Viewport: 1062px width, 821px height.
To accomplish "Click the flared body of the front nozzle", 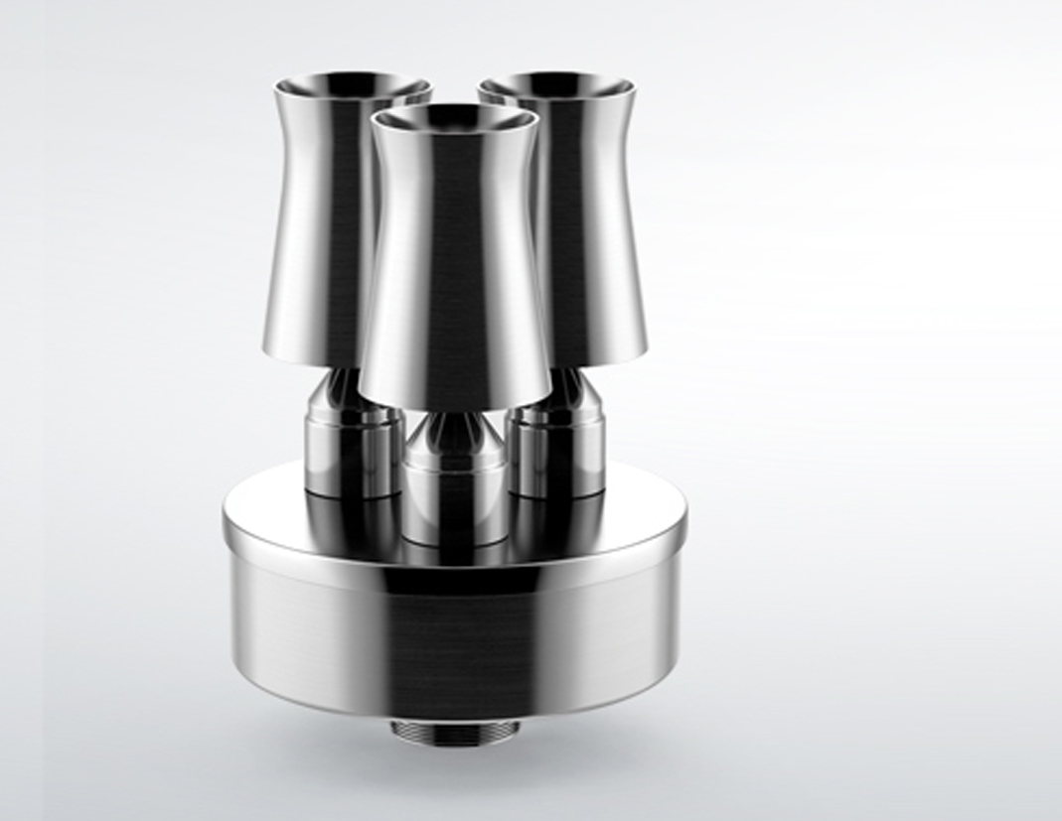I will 455,258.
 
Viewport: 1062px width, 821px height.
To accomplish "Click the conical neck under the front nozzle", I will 455,432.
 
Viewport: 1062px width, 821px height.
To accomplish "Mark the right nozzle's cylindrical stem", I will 556,452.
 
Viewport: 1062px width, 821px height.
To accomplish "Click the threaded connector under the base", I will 455,733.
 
